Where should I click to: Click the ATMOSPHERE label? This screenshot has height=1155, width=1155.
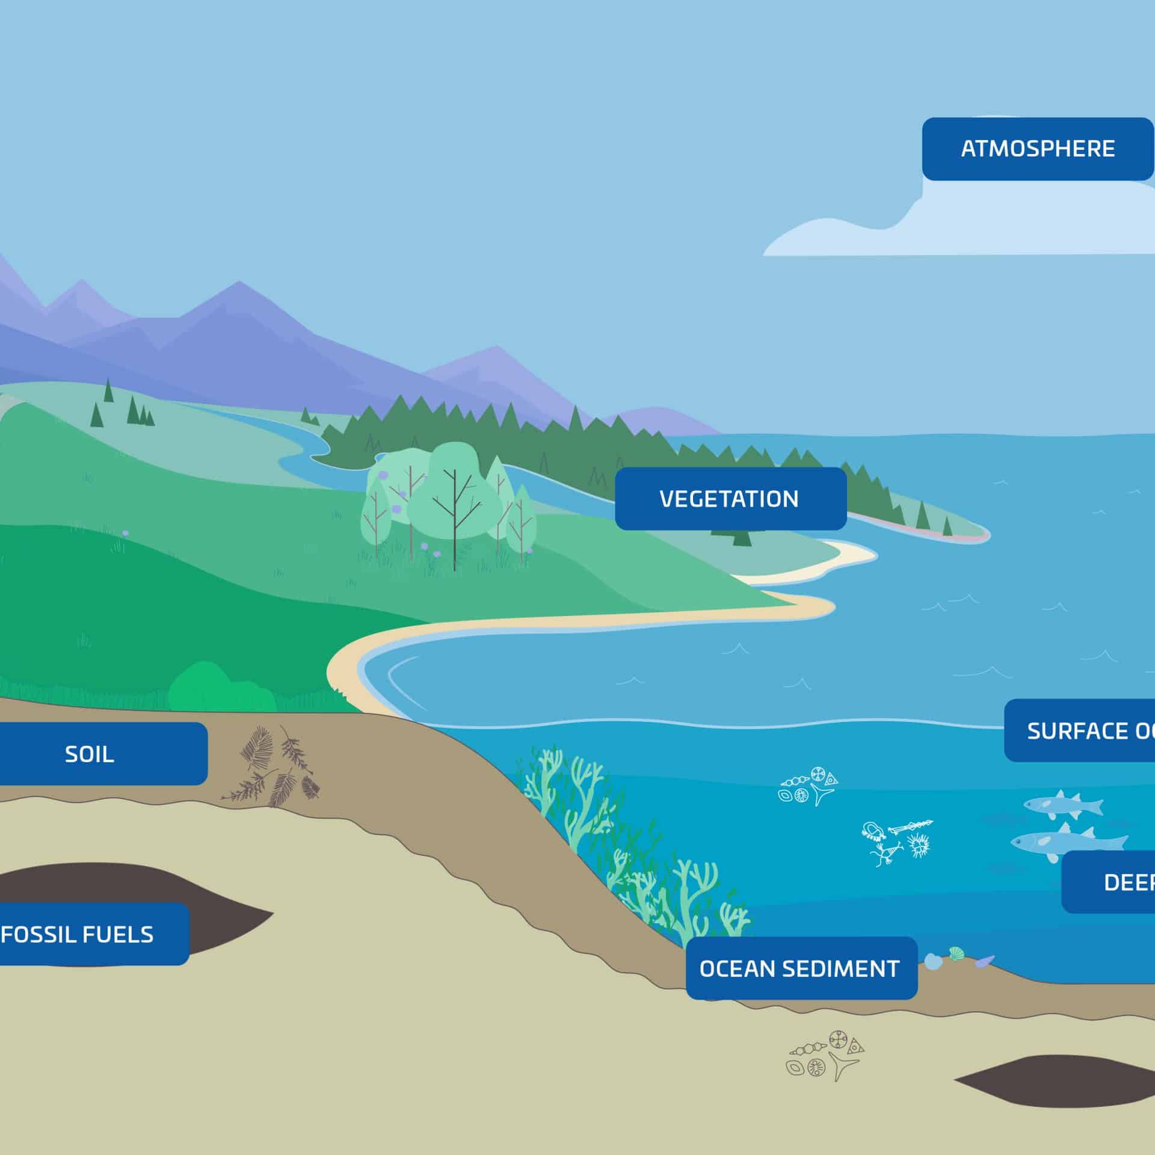click(1037, 149)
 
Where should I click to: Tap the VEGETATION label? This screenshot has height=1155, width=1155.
click(730, 499)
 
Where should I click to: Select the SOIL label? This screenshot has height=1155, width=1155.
click(90, 754)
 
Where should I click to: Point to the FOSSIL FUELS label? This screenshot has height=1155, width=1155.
click(78, 934)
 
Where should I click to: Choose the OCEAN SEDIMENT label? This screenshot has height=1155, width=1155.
click(800, 969)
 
